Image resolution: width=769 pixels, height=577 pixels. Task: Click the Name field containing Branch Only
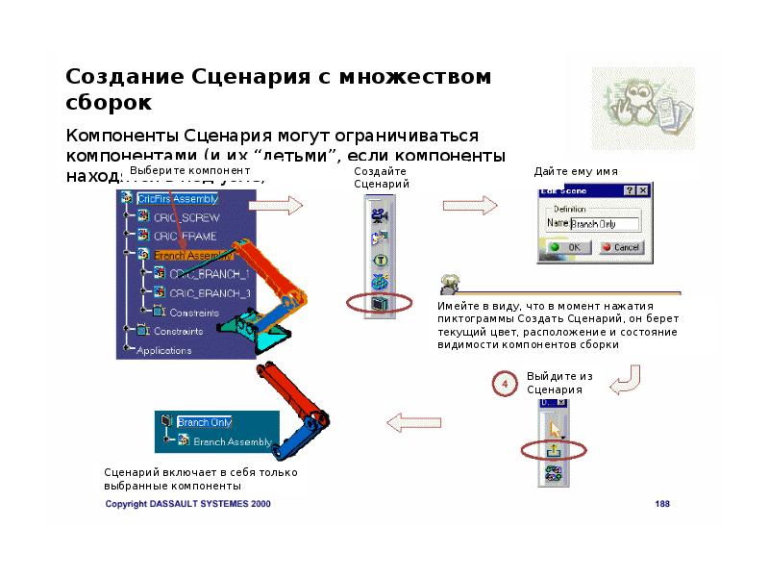coord(606,224)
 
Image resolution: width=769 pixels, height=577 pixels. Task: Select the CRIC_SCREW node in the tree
coord(186,217)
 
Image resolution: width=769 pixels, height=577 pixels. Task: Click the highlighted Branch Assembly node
coord(192,255)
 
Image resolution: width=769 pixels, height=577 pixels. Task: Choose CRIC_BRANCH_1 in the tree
coord(209,274)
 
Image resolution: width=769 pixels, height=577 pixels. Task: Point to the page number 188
coord(662,503)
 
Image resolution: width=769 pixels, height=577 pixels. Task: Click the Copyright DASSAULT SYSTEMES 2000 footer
coord(187,503)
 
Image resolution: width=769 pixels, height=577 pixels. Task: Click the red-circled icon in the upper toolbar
coord(380,304)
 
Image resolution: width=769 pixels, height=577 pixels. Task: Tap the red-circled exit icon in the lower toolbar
coord(554,450)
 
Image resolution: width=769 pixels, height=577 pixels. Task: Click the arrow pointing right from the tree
coord(282,205)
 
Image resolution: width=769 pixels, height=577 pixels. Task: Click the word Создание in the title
coord(121,77)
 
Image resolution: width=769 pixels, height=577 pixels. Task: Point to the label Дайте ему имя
coord(576,171)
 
